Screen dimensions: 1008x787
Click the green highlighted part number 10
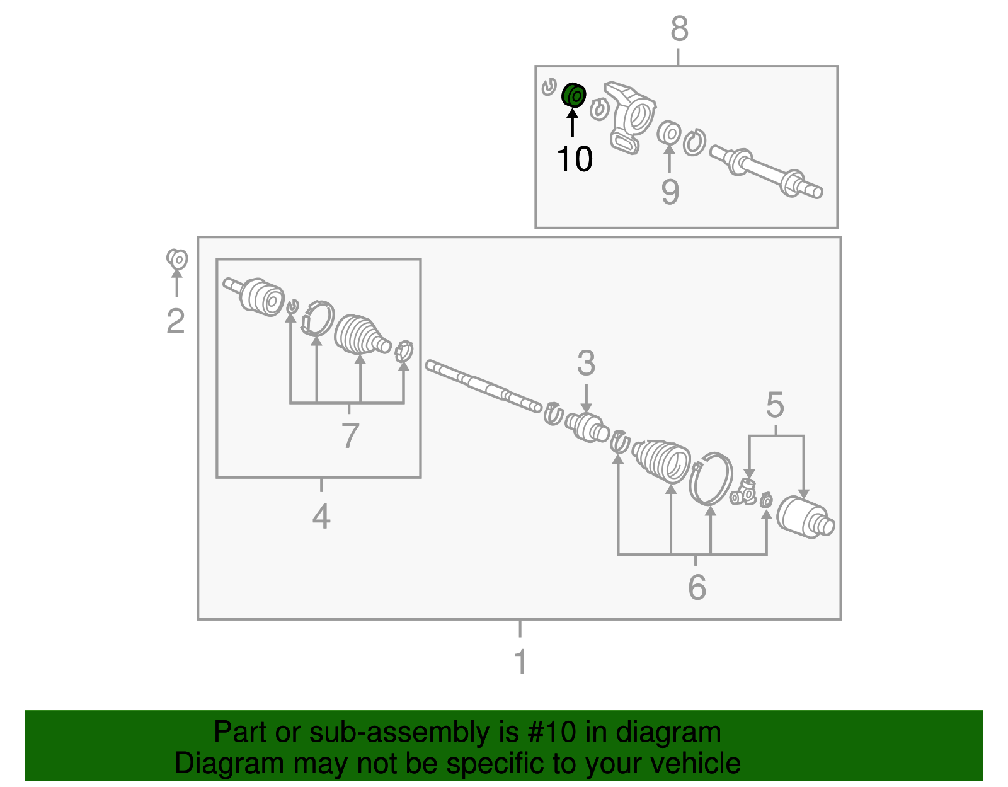[573, 96]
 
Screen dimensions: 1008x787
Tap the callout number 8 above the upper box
[679, 28]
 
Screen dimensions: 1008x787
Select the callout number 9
[670, 192]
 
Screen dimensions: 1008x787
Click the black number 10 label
[575, 159]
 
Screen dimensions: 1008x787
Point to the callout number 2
[176, 321]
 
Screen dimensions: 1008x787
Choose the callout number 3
[586, 363]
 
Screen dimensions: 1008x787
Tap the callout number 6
[697, 587]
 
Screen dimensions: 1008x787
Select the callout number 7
[350, 435]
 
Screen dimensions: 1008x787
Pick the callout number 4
[321, 516]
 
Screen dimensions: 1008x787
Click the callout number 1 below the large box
[520, 662]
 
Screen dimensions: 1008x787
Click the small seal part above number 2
[177, 259]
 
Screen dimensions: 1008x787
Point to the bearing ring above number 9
[669, 132]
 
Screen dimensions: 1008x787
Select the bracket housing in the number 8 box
[630, 117]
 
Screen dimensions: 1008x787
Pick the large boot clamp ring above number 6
[711, 479]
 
